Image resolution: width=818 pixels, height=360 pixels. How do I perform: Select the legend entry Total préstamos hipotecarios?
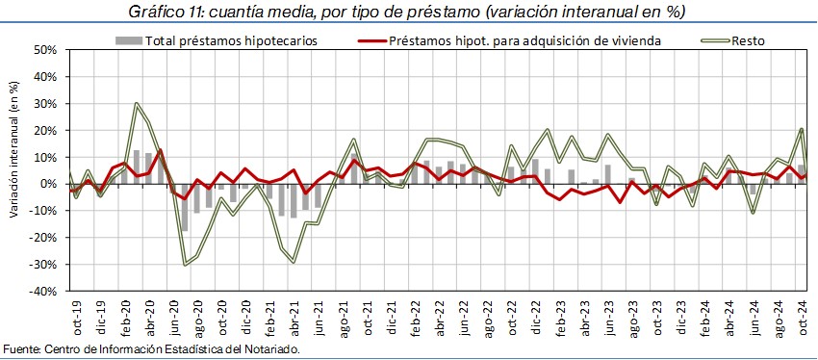[216, 40]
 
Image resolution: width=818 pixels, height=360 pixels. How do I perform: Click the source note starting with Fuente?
[152, 348]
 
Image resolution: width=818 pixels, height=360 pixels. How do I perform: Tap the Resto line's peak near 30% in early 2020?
[136, 103]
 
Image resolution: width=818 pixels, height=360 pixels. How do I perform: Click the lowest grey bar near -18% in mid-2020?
[184, 208]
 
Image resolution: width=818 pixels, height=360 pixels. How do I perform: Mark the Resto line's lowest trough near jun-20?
[184, 265]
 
